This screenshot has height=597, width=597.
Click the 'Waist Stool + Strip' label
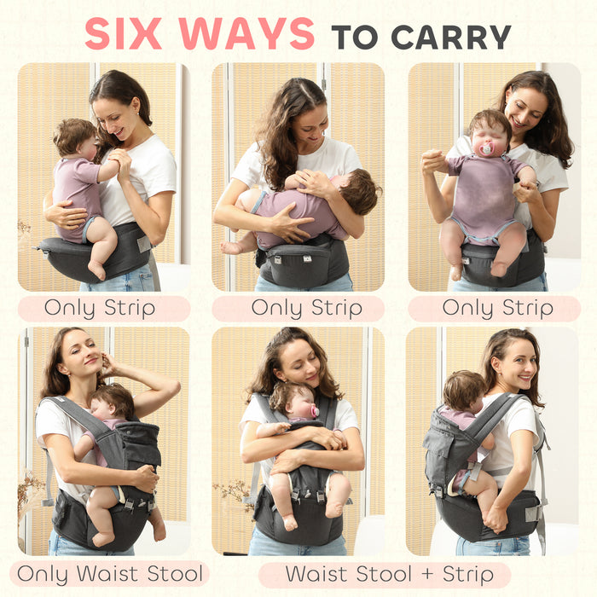(385, 574)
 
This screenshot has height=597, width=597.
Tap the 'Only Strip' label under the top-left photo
(100, 308)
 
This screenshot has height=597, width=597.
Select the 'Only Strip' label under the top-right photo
(494, 308)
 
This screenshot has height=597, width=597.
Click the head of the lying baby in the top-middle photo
(358, 192)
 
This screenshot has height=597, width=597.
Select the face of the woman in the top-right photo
(524, 111)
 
